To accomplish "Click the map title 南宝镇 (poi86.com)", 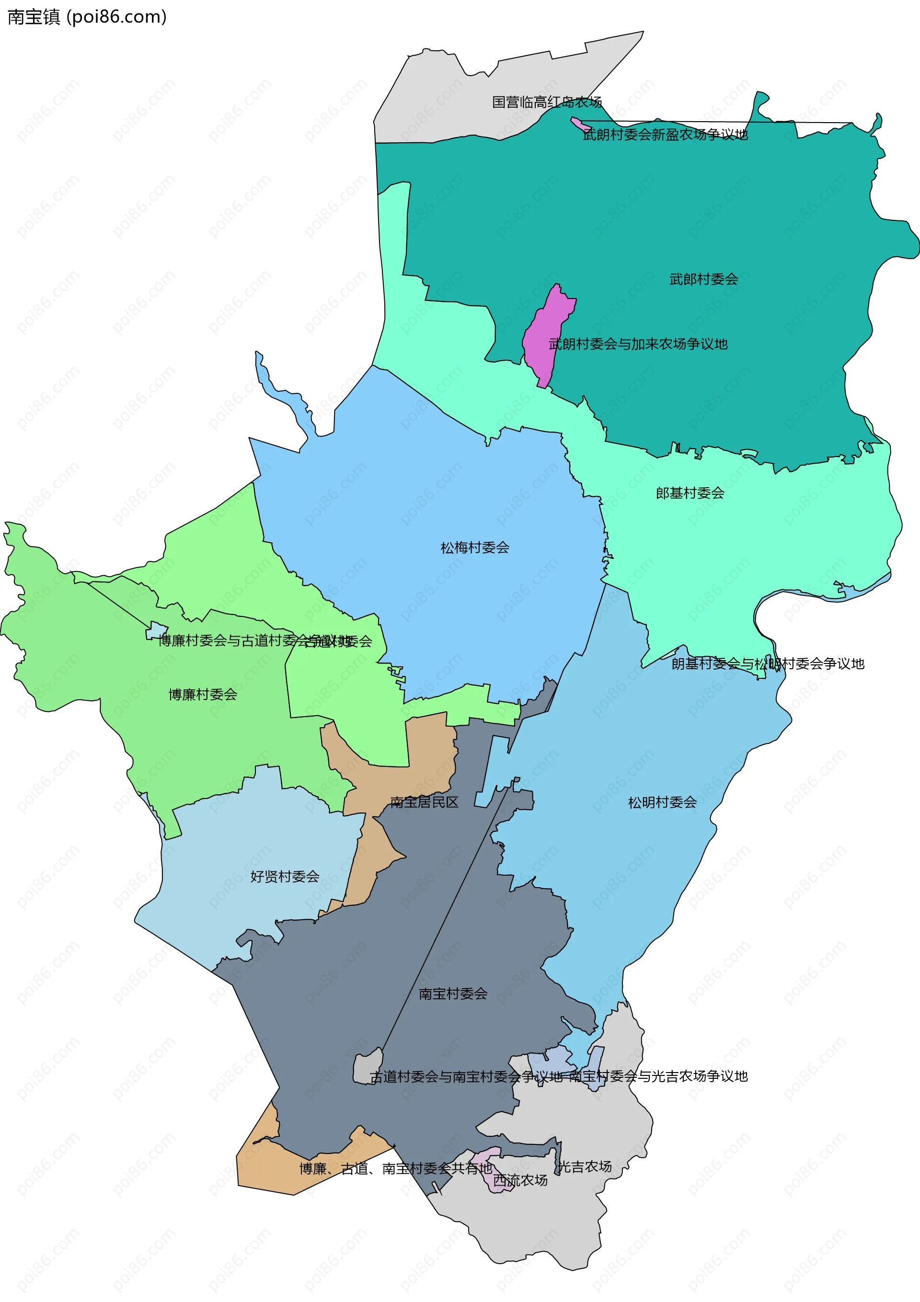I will click(x=87, y=17).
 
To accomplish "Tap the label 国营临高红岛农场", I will click(x=546, y=102).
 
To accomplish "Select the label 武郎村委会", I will click(x=703, y=279).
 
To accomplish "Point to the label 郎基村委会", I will click(x=690, y=493).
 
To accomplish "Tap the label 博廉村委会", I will click(x=203, y=695).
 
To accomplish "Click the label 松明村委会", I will click(x=662, y=802).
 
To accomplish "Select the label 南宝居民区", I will click(x=424, y=802).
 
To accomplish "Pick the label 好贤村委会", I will click(x=285, y=877).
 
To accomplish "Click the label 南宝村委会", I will click(x=453, y=994).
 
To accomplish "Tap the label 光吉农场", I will click(x=585, y=1166).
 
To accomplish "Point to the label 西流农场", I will click(x=520, y=1180).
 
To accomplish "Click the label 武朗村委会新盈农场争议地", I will click(x=666, y=135).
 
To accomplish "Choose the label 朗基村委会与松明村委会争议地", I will click(x=768, y=663).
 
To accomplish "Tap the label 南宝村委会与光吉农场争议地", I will click(x=658, y=1076).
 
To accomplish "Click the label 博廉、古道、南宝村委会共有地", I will click(x=395, y=1168).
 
